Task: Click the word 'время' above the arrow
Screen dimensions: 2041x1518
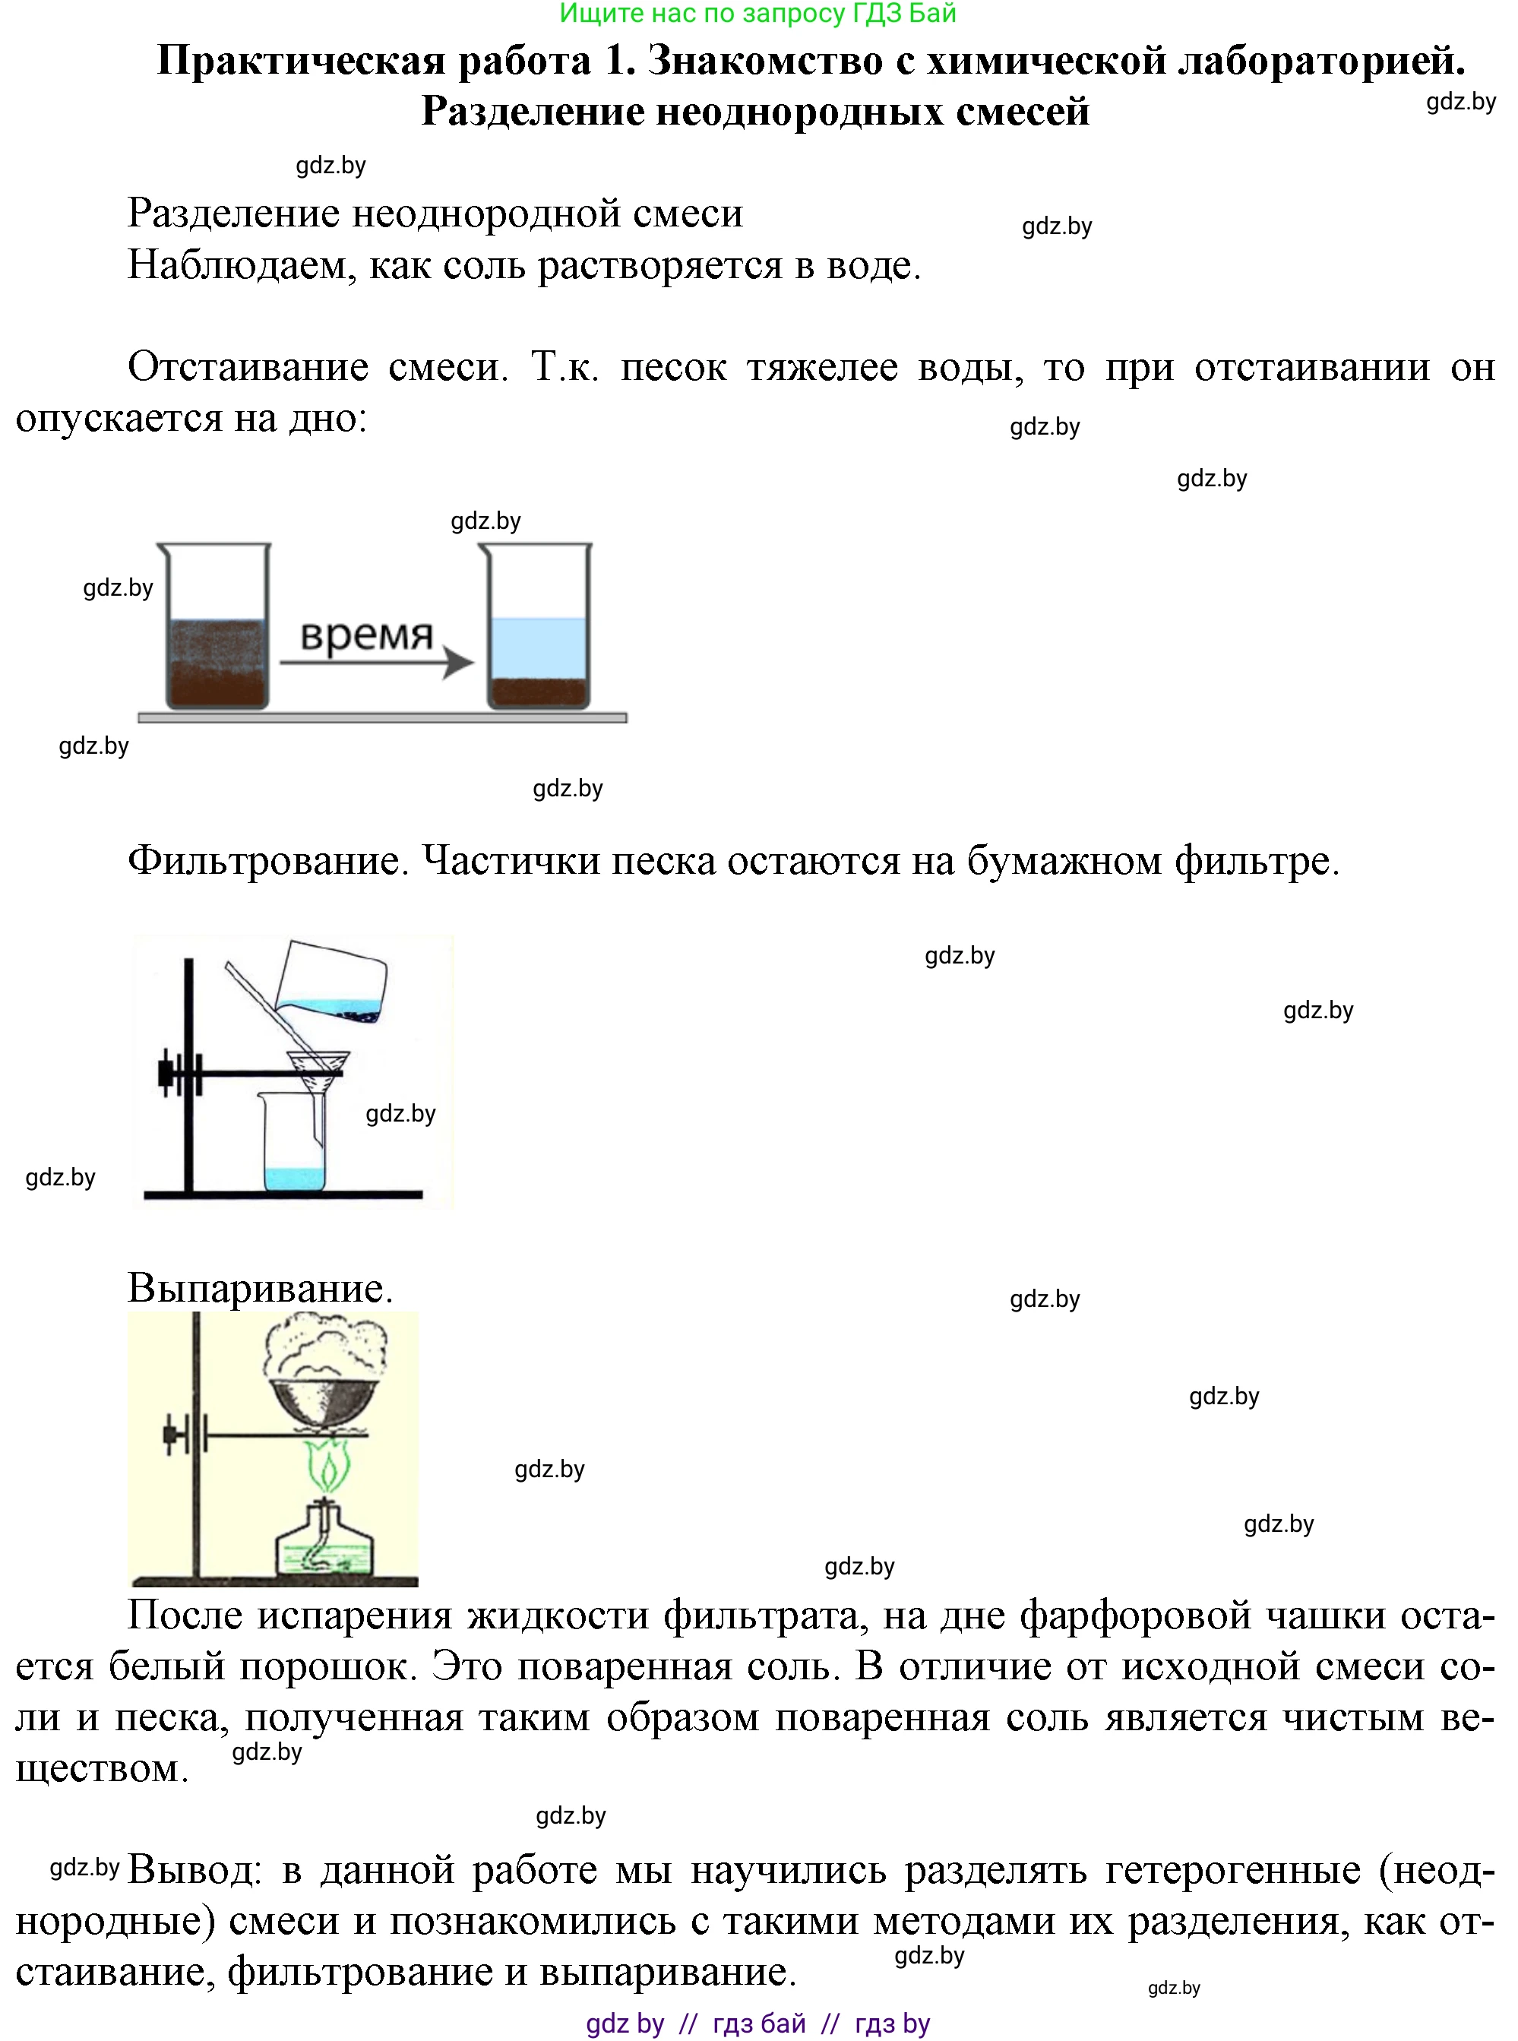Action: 365,634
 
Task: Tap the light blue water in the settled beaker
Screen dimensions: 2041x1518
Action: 538,647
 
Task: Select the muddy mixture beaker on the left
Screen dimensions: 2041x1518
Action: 216,662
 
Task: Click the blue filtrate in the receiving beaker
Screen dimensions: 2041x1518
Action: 294,1178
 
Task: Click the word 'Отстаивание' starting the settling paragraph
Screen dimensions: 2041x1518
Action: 248,367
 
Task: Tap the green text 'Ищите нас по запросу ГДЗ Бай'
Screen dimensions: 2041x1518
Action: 758,14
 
